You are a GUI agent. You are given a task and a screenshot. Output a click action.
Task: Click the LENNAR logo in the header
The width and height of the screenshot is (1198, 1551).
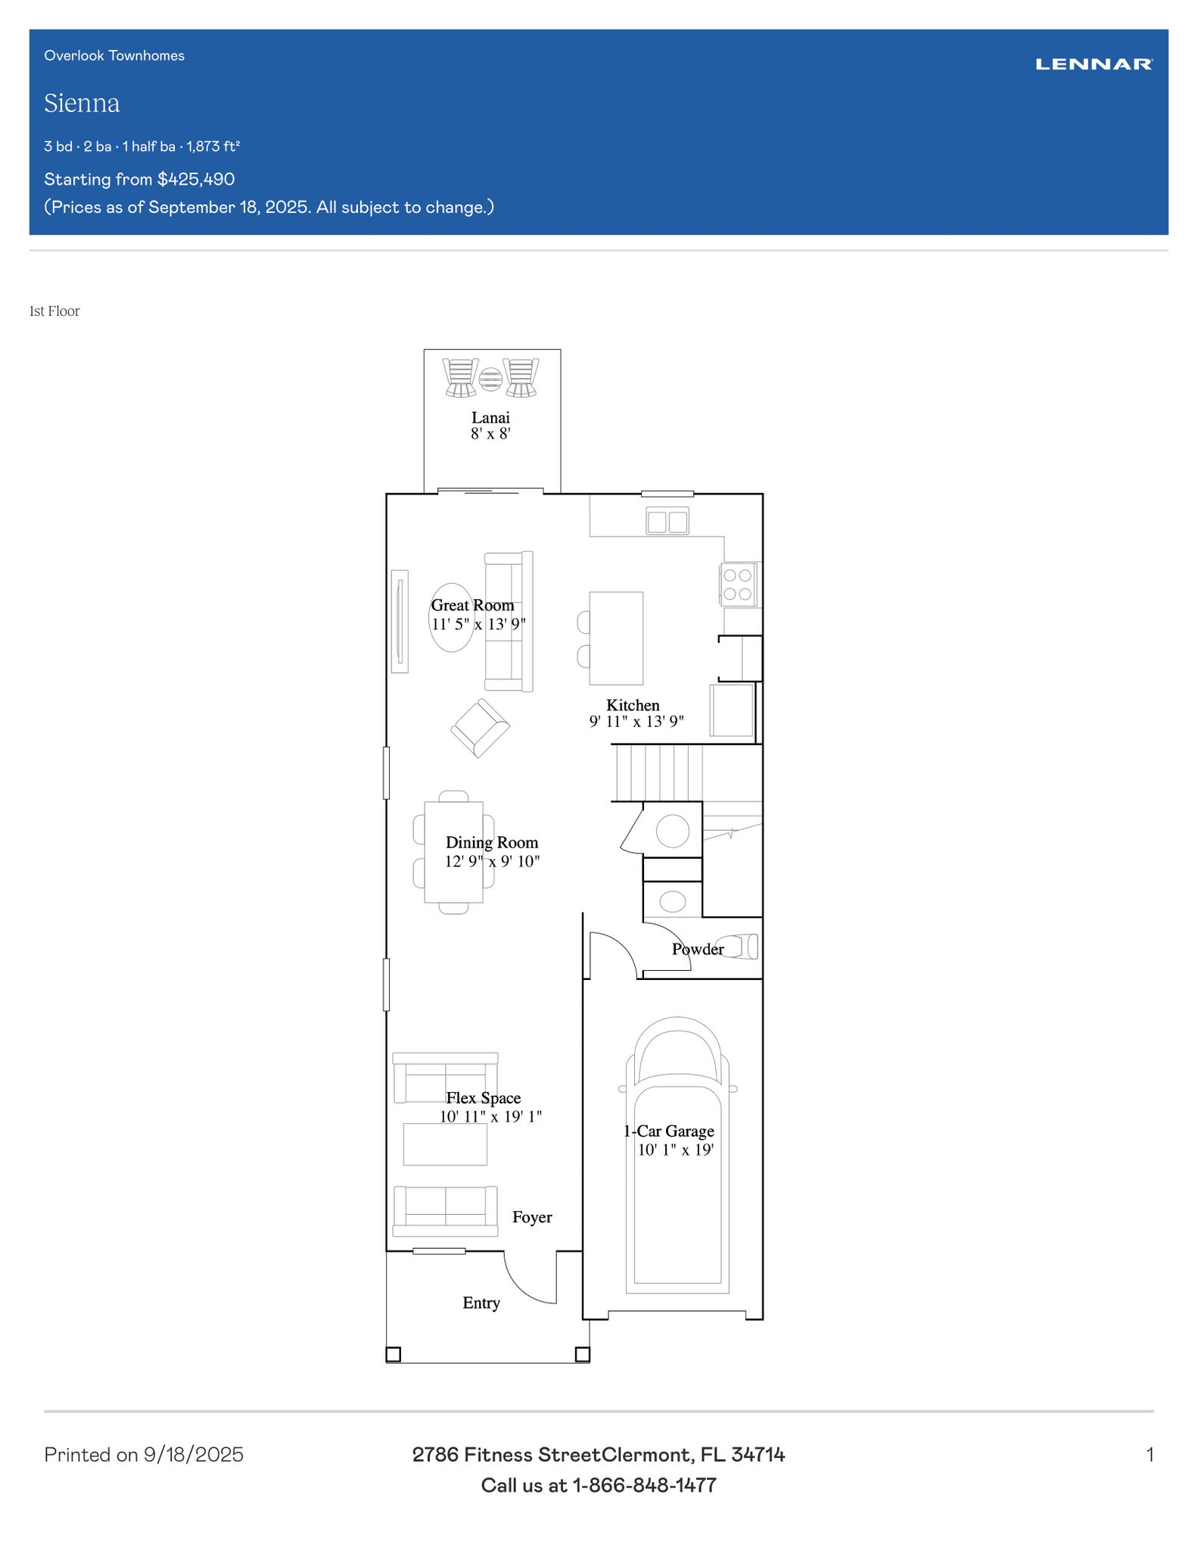pos(1094,64)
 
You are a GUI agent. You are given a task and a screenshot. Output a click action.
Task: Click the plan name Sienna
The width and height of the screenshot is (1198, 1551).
pos(82,103)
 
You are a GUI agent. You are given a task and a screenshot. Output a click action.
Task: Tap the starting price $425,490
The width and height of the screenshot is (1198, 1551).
pos(196,179)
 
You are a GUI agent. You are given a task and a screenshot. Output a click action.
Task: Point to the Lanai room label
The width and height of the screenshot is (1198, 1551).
pos(490,417)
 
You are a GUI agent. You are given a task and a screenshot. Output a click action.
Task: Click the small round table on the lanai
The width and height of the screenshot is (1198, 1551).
pos(490,379)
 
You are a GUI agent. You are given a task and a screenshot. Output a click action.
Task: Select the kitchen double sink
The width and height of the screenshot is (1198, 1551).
pos(667,521)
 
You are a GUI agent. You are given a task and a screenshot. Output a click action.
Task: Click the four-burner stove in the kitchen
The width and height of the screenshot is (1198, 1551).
pos(738,584)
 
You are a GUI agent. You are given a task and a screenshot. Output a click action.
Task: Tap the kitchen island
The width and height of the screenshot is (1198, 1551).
pos(616,638)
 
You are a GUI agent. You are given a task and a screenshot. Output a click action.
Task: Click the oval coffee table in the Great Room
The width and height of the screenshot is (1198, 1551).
pos(452,617)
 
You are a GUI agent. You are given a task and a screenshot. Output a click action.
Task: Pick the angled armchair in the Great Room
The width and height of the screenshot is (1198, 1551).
pos(480,728)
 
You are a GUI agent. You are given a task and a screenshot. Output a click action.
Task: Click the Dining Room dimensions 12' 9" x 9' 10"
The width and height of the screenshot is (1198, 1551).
pos(492,861)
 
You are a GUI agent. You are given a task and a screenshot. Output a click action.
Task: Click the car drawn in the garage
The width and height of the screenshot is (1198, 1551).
pos(677,1155)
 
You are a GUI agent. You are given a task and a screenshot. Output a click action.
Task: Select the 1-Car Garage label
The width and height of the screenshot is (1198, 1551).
pos(669,1131)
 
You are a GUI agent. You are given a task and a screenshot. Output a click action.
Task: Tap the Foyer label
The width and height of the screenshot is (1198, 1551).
pos(532,1217)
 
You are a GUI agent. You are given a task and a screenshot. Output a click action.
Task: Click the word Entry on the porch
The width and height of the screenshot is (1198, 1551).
pos(481,1303)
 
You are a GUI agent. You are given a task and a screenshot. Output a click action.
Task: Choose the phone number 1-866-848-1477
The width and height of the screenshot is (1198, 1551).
pos(644,1485)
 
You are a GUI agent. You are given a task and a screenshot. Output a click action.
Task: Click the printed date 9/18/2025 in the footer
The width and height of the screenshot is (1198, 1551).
pos(194,1455)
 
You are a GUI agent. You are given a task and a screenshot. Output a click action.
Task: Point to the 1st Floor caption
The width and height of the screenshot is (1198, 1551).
pos(54,311)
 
